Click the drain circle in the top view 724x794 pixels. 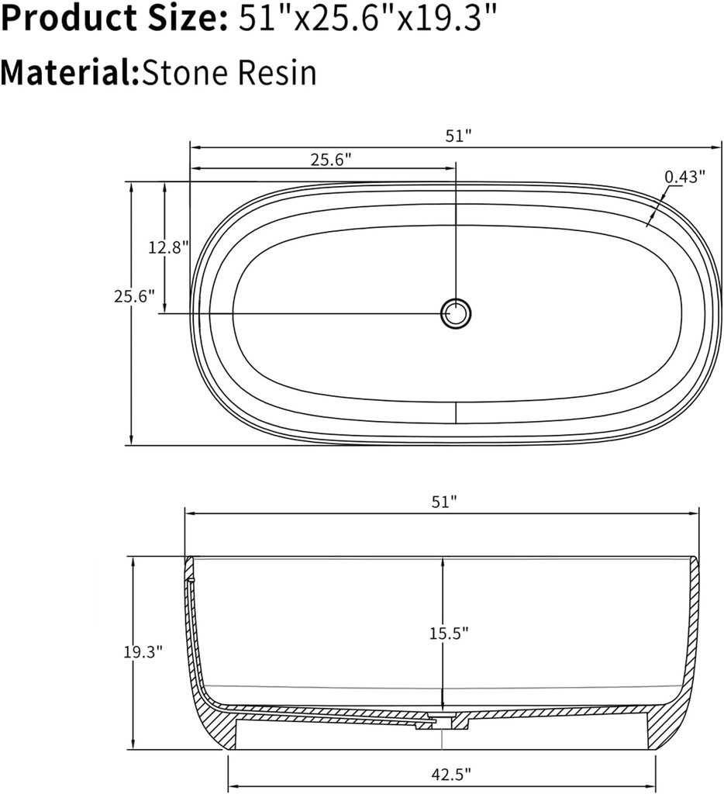[456, 313]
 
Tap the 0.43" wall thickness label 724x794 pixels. [684, 176]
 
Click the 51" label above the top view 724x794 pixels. [458, 136]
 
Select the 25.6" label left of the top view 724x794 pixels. [134, 295]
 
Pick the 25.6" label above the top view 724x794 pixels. [332, 160]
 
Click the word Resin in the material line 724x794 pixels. [277, 73]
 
